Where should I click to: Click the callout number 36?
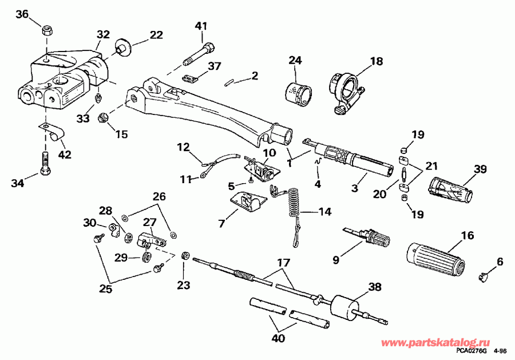(x=21, y=14)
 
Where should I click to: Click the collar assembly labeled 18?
(x=344, y=88)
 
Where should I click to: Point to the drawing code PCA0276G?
(x=473, y=350)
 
